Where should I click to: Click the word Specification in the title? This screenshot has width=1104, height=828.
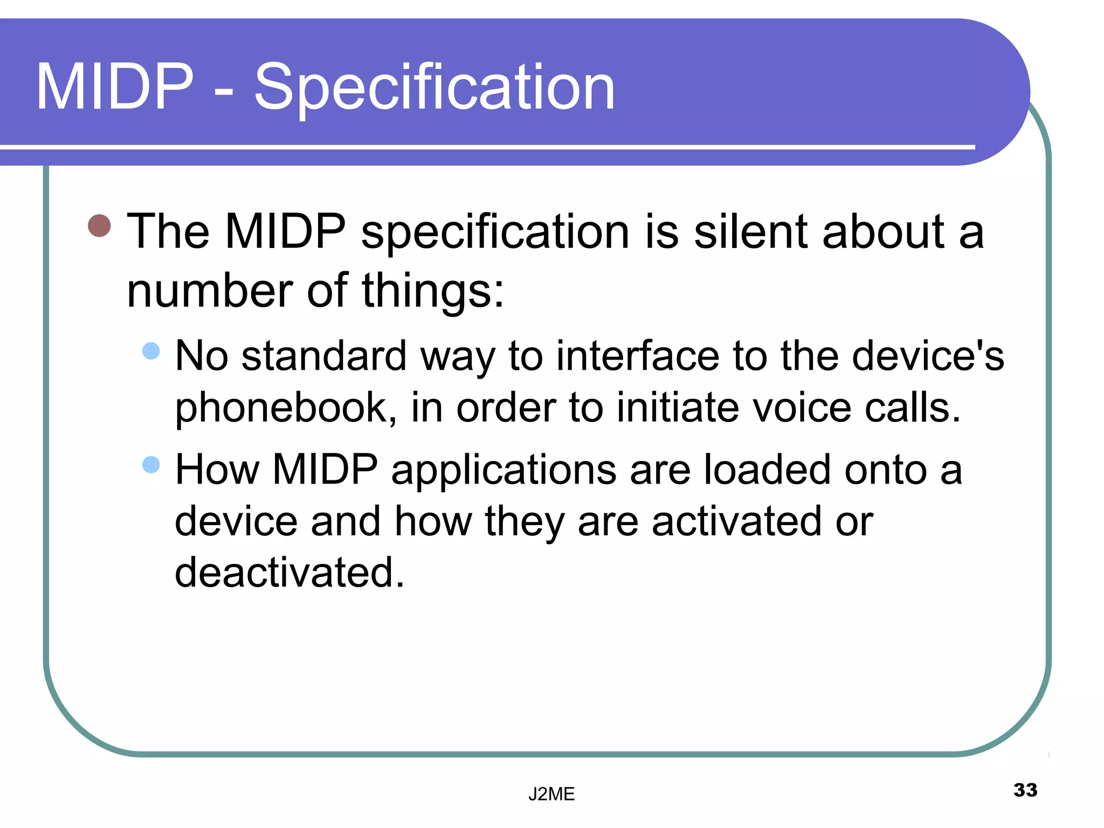434,87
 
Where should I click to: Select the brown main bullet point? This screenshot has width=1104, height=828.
99,225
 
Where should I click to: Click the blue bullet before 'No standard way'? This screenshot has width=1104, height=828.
151,351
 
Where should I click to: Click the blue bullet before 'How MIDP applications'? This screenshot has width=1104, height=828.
151,464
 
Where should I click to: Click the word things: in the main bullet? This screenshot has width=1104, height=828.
433,291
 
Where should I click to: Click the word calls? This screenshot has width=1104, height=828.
913,408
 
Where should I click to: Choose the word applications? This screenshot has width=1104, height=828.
503,471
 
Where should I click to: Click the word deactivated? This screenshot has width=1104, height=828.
289,572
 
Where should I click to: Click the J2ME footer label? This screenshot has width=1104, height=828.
551,794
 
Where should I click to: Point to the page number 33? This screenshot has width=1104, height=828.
1025,790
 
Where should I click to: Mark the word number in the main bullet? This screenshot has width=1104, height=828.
210,291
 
